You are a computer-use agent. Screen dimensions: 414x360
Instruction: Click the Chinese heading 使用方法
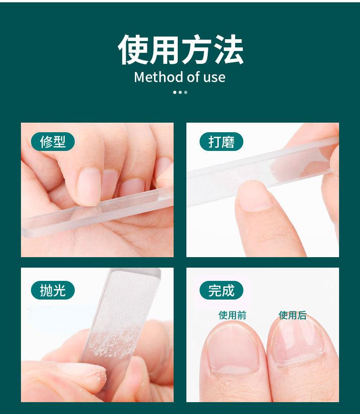180,49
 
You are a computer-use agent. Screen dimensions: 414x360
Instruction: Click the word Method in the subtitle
157,77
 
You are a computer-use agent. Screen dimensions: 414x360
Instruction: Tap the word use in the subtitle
214,77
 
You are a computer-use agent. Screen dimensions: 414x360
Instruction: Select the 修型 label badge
53,142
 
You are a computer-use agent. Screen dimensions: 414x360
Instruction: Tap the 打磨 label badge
221,142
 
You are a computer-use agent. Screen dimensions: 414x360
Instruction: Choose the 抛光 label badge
53,290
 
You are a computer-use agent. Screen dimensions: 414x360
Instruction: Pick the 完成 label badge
221,290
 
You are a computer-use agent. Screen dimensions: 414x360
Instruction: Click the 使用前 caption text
232,315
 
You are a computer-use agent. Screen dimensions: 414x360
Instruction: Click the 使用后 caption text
293,315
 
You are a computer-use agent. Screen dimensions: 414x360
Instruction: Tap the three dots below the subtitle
180,92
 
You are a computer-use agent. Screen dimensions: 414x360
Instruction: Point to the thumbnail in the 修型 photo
89,185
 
